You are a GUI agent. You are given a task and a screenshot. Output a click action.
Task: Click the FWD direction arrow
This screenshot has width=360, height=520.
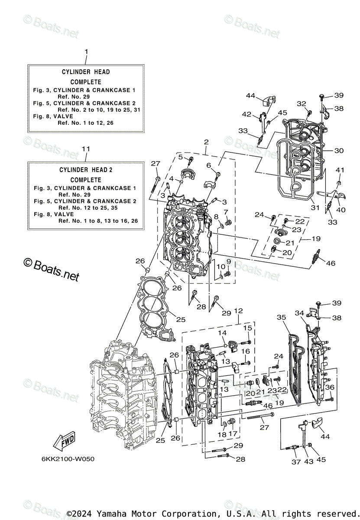point(63,442)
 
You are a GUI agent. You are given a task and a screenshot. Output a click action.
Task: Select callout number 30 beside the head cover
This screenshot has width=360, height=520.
point(339,150)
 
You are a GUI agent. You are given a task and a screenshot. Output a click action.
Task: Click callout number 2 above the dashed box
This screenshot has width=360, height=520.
point(206,142)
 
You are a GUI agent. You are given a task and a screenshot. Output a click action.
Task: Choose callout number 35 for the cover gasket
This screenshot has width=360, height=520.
point(282,317)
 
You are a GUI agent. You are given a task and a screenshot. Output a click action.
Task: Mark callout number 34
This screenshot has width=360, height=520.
point(299,313)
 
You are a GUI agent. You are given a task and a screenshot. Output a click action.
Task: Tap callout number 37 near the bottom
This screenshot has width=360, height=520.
point(296,462)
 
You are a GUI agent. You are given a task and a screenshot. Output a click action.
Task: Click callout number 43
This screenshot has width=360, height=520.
point(309,462)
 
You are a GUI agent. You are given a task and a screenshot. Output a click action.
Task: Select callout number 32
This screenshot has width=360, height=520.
point(302,104)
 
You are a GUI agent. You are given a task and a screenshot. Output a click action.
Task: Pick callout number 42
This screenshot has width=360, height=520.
point(246,114)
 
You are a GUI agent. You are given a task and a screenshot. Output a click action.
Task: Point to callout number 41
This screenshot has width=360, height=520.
point(340,170)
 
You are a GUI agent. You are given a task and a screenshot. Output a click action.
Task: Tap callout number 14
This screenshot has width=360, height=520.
point(222,333)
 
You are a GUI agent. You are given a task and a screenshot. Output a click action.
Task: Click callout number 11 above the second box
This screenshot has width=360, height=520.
point(86,149)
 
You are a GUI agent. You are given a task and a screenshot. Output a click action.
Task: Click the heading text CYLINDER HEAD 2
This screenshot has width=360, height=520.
point(86,169)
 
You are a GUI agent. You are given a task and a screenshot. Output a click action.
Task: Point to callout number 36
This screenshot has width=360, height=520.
point(330,387)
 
